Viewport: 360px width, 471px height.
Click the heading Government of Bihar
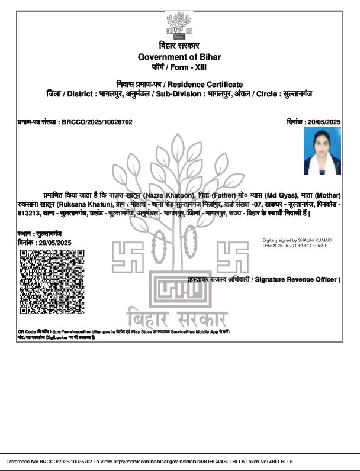(179, 57)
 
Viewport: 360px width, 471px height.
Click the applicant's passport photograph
(322, 151)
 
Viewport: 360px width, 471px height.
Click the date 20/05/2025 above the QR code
(53, 243)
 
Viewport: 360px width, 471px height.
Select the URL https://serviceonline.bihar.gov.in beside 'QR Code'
(86, 332)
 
